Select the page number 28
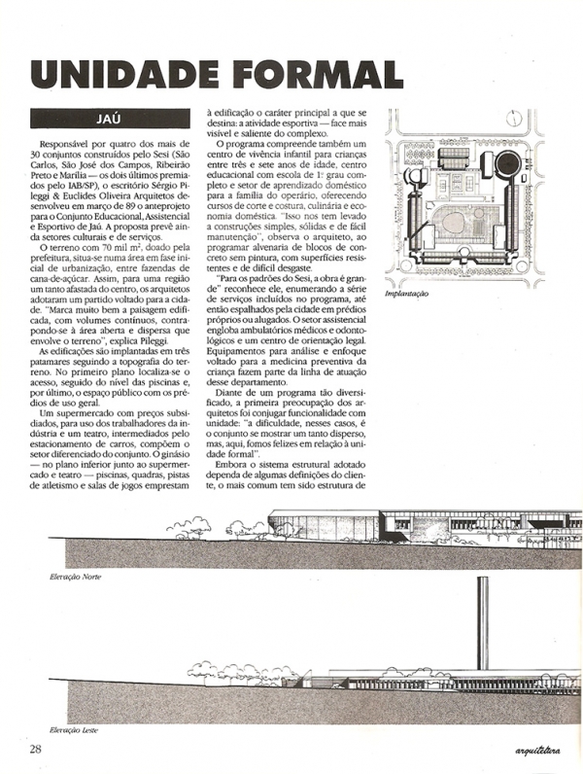pos(35,749)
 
